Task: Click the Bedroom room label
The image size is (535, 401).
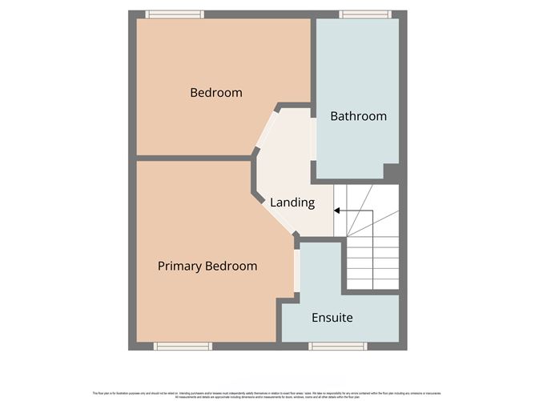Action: (215, 93)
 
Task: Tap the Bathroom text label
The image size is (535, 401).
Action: (358, 116)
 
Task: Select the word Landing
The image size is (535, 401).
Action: (292, 203)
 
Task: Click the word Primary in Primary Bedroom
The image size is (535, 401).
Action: (180, 266)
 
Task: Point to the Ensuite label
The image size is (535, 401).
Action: (332, 318)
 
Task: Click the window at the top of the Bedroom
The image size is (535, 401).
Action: (175, 14)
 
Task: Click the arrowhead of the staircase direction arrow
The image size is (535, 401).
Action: (337, 211)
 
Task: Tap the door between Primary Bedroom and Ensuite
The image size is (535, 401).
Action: (296, 271)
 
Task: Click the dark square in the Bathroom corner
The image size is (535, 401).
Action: (391, 171)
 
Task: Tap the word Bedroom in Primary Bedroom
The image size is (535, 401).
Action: (233, 266)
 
